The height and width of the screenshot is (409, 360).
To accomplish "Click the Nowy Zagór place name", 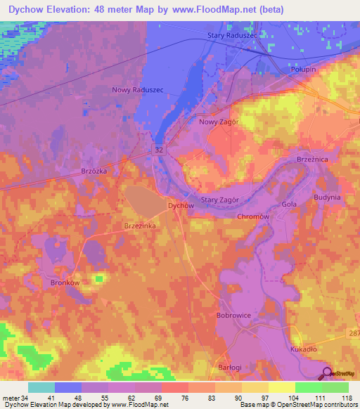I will point(219,122).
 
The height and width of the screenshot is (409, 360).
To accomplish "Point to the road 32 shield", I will point(160,150).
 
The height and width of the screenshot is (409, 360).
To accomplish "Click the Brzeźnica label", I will point(314,160).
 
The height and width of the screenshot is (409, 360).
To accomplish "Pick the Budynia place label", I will point(327,197).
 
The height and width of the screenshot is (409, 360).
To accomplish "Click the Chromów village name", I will point(253,217).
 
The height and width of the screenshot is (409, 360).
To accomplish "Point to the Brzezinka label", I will point(139,226).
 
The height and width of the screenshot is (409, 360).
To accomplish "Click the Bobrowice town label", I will point(234,316).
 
